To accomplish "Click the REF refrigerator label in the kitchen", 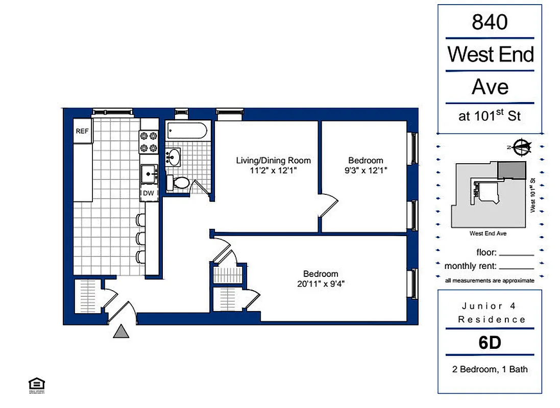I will [82, 131].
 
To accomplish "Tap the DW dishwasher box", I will [149, 193].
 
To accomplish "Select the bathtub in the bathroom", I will [187, 131].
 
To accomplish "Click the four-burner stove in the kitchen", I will [149, 142].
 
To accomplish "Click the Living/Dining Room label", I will [273, 160].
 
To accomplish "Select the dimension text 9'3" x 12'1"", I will [365, 170].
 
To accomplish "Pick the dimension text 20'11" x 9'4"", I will [321, 284].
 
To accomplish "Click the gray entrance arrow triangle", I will [121, 332].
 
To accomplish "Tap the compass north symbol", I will [521, 147].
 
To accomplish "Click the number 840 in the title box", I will [490, 22].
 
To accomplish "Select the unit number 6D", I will [490, 342].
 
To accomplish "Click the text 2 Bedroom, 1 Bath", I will [490, 369].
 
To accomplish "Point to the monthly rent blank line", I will [517, 267].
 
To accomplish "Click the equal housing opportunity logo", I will [36, 386].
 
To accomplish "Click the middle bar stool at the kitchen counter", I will [140, 238].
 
